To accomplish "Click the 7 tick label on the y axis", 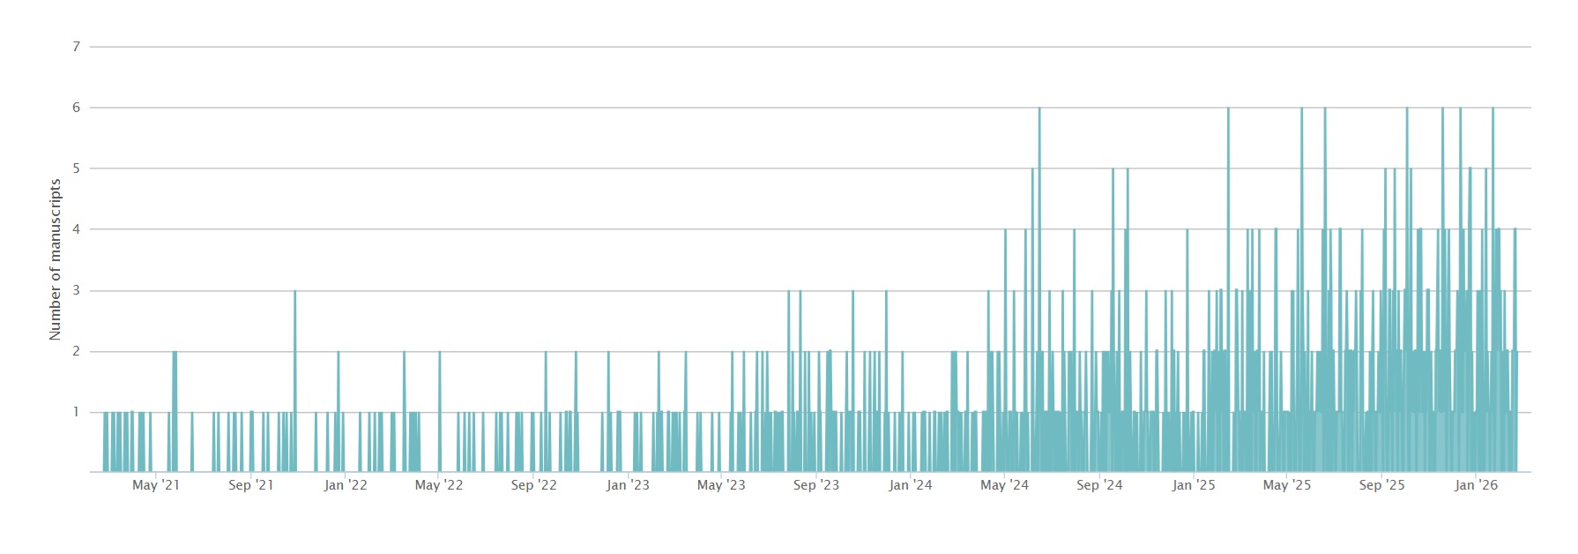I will (76, 47).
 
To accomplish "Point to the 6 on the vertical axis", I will (76, 108).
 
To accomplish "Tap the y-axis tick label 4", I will (76, 229).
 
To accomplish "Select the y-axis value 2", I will (76, 351).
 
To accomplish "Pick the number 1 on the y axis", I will (76, 412).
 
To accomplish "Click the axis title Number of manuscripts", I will (56, 259).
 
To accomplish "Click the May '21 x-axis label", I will (156, 485).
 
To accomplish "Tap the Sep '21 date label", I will (250, 485).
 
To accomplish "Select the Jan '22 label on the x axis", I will (346, 485).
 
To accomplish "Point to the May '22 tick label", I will (439, 485).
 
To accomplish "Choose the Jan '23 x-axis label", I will (628, 485).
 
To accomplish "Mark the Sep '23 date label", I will (816, 485).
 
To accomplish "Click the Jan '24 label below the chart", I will (911, 485).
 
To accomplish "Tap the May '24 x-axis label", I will (1004, 485).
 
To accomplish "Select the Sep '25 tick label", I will (1381, 485).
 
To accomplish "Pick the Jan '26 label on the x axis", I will (1477, 485).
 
